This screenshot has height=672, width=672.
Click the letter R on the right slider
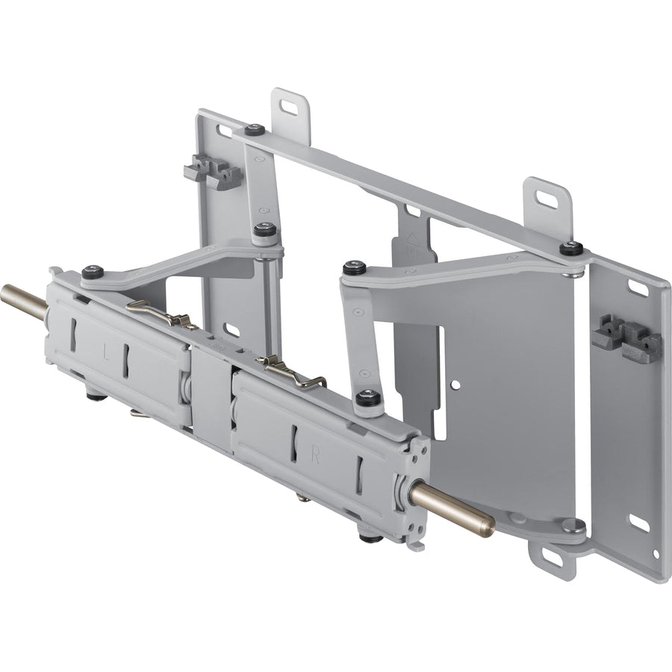click(315, 458)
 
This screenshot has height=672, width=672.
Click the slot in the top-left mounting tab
click(291, 107)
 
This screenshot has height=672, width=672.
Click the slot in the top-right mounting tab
click(547, 199)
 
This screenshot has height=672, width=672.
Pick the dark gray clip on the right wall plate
click(627, 338)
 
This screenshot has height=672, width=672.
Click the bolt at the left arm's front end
click(93, 273)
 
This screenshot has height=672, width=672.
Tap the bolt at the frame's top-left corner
click(255, 130)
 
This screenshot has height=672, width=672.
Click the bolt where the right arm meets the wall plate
click(571, 247)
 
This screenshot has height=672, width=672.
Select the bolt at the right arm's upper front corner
click(353, 267)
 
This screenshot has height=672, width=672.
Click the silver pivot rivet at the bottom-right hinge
click(573, 525)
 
